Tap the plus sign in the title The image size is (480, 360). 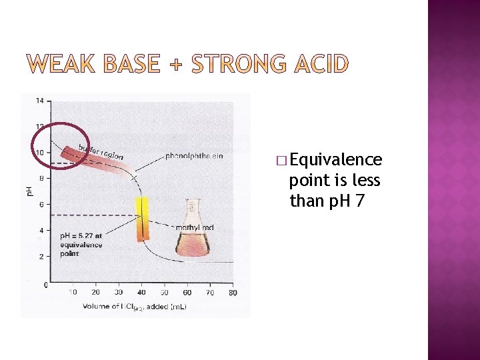coord(175,65)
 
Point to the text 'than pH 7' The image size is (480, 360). coord(327,200)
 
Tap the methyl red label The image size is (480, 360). coord(194,228)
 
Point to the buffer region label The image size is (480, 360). coord(101,151)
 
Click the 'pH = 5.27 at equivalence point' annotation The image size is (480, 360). coord(81,245)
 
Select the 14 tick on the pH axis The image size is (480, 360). coord(40,101)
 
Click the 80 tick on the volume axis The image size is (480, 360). coord(232,292)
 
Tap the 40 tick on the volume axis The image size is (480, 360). coord(141,292)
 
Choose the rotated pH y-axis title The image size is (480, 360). coord(29,191)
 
